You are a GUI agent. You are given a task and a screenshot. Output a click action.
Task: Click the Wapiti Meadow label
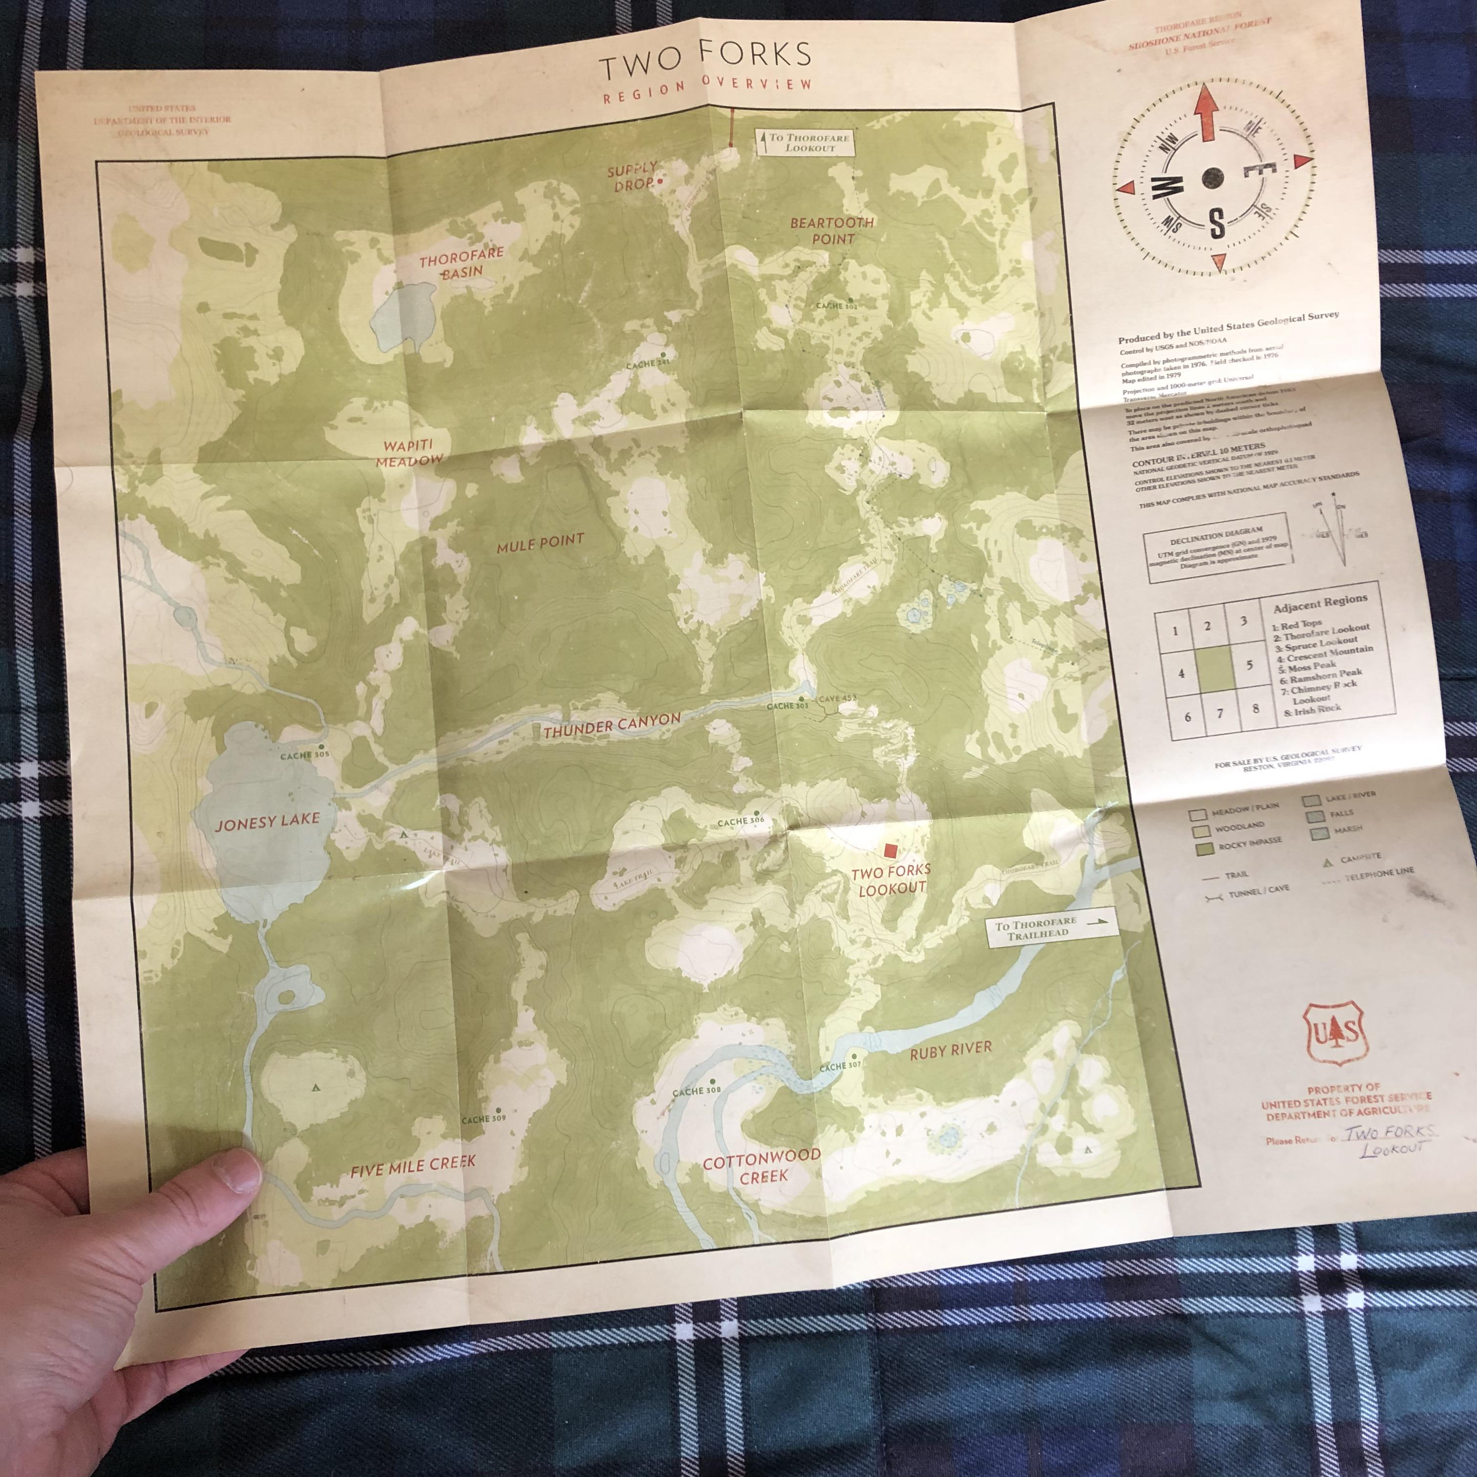pyautogui.click(x=409, y=453)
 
